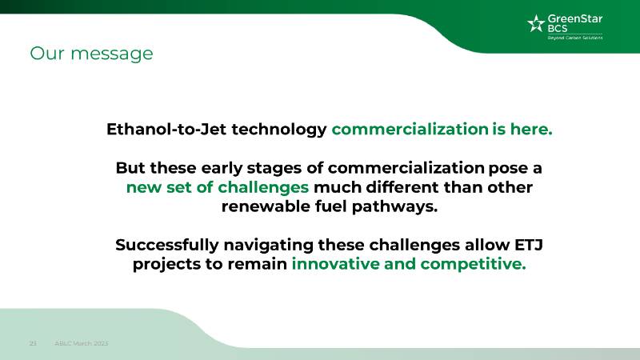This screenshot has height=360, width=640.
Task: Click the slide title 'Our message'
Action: pos(91,54)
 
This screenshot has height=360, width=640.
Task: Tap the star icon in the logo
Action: pos(536,23)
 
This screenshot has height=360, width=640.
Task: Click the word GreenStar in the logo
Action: pos(574,18)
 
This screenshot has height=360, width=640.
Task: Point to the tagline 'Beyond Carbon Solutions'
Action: pos(574,38)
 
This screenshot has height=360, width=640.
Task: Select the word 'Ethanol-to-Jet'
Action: pos(166,129)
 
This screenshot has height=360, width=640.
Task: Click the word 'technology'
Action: pos(279,130)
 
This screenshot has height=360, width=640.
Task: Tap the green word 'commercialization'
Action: pos(410,129)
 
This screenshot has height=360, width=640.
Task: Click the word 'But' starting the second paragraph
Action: pos(130,168)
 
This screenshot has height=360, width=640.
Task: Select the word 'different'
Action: pos(402,187)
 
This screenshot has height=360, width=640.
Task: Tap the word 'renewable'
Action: pos(266,206)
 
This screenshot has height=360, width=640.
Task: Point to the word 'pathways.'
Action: pos(394,207)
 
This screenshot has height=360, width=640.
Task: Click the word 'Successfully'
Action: pos(167,246)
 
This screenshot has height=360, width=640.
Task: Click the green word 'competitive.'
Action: pos(473,265)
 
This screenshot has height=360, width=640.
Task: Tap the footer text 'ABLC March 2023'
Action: pos(82,343)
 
